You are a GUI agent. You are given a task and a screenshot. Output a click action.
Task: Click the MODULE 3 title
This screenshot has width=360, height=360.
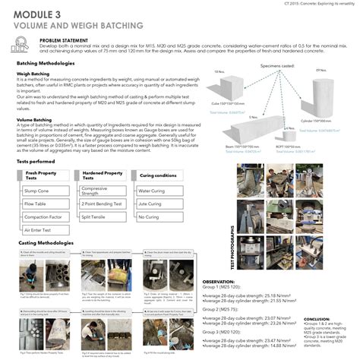39,14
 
